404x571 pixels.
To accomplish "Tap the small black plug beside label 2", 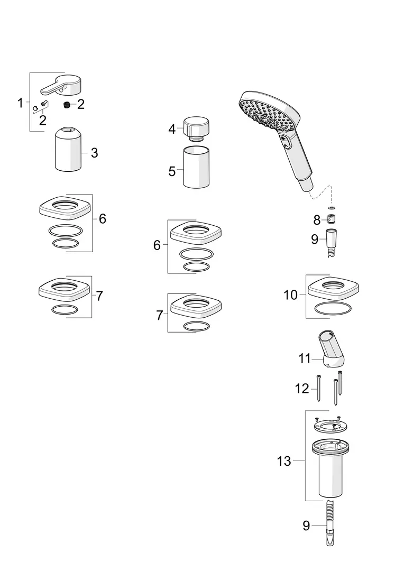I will coord(67,104).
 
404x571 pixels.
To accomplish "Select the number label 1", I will coord(20,103).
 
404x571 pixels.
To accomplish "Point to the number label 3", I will coord(94,153).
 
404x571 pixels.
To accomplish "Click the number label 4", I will coord(172,129).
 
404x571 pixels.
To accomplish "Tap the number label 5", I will coord(172,171).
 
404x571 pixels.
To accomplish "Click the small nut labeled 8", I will coord(332,219).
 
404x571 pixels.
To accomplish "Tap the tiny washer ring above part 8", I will coord(332,208).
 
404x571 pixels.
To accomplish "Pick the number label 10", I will coord(291,295).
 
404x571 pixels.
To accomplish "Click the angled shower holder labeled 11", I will coord(329,349).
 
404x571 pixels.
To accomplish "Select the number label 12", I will coord(302,389).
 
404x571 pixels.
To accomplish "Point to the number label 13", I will coord(284,461).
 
